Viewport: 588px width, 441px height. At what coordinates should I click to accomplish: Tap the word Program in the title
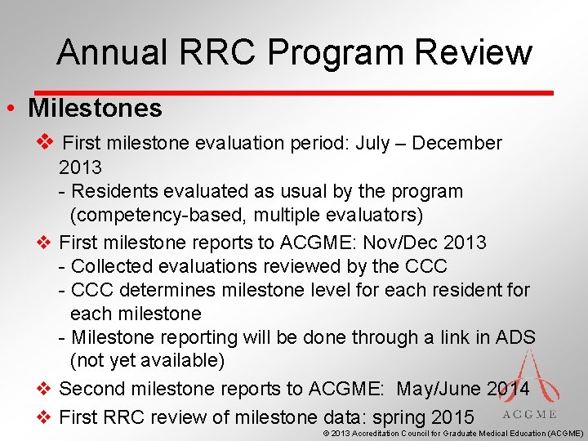pos(337,52)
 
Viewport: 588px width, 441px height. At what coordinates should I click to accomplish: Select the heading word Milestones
pos(95,108)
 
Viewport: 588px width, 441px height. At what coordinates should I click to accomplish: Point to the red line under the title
pos(294,91)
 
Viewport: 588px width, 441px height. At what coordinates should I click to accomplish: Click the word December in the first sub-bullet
pos(457,143)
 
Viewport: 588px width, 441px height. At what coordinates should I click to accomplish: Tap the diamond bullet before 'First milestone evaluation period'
pos(46,143)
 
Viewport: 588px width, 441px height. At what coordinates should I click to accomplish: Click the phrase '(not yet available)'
pos(147,360)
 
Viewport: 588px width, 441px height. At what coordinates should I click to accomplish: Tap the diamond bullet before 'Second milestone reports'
pos(46,389)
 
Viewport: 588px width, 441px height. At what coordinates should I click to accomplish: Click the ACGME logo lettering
pos(529,414)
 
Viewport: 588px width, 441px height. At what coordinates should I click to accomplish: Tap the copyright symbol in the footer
pos(327,434)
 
